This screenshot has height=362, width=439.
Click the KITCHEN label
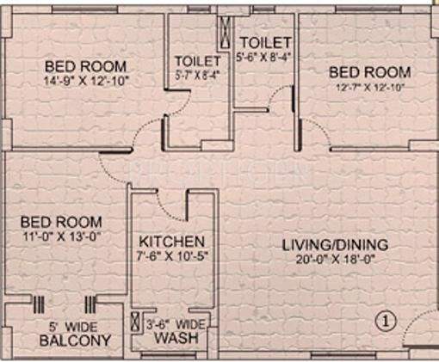tap(171, 241)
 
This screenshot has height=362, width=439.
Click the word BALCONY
tap(75, 341)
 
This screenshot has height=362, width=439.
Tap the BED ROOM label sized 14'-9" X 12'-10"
tap(86, 66)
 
